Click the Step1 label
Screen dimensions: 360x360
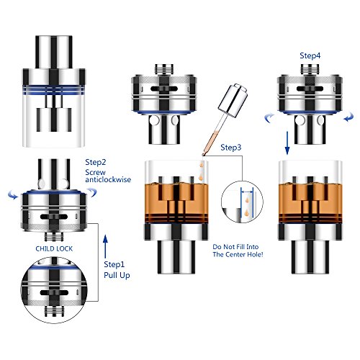click(x=114, y=264)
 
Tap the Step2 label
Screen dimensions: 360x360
click(x=96, y=162)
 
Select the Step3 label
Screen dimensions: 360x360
click(x=231, y=148)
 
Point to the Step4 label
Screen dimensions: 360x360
click(x=310, y=55)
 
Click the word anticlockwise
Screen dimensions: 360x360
click(x=108, y=179)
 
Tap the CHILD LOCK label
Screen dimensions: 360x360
click(x=54, y=248)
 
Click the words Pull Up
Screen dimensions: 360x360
click(x=117, y=275)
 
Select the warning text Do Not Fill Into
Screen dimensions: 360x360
click(x=235, y=247)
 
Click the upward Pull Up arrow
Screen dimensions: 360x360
click(x=105, y=247)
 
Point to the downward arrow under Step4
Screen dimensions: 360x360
click(x=287, y=143)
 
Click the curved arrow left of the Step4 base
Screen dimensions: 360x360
click(x=269, y=118)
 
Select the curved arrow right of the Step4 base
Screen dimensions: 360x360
click(x=348, y=117)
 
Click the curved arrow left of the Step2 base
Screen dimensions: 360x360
click(x=13, y=195)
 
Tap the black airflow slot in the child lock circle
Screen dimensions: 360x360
click(x=54, y=293)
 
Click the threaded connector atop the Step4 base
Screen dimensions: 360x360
click(x=310, y=69)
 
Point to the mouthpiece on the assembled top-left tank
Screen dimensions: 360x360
click(x=54, y=52)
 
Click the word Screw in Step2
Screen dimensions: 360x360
click(x=96, y=172)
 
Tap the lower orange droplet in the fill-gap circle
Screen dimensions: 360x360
click(x=247, y=212)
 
